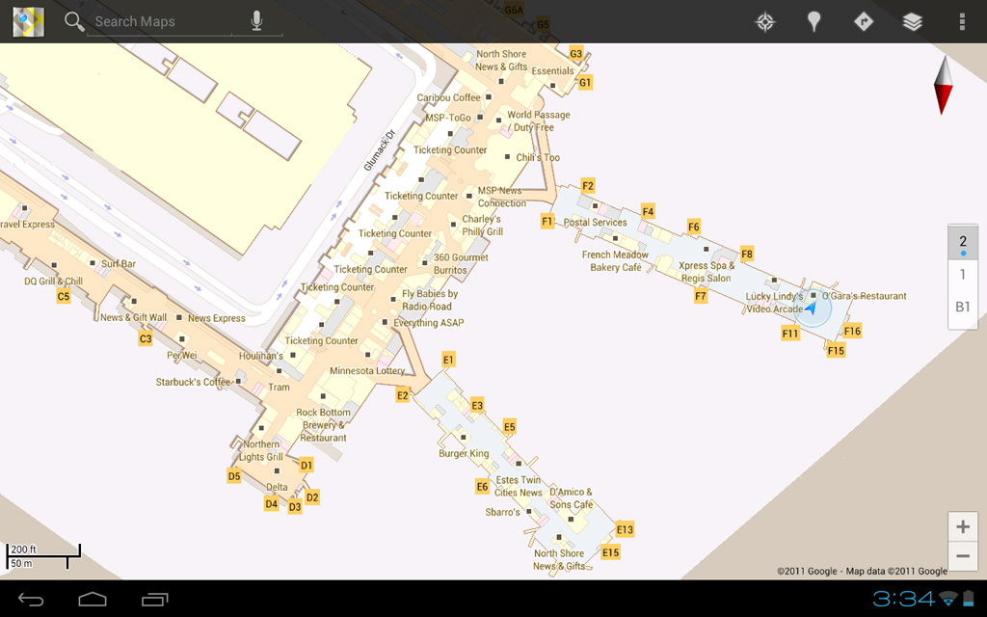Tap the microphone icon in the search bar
pyautogui.click(x=256, y=21)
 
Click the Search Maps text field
pyautogui.click(x=159, y=21)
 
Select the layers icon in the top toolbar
pyautogui.click(x=912, y=21)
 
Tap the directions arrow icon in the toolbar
pyautogui.click(x=864, y=21)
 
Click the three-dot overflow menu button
pyautogui.click(x=961, y=21)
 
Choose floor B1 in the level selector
pyautogui.click(x=963, y=308)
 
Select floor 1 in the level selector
pyautogui.click(x=963, y=275)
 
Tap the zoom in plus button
pyautogui.click(x=963, y=526)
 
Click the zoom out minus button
pyautogui.click(x=963, y=556)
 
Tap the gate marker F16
pyautogui.click(x=852, y=331)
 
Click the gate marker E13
pyautogui.click(x=625, y=529)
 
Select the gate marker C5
pyautogui.click(x=64, y=297)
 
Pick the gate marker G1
pyautogui.click(x=585, y=83)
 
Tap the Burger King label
pyautogui.click(x=464, y=453)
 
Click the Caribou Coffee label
pyautogui.click(x=448, y=97)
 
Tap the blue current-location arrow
pyautogui.click(x=812, y=308)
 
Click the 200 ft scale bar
pyautogui.click(x=43, y=554)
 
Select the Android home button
pyautogui.click(x=93, y=600)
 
